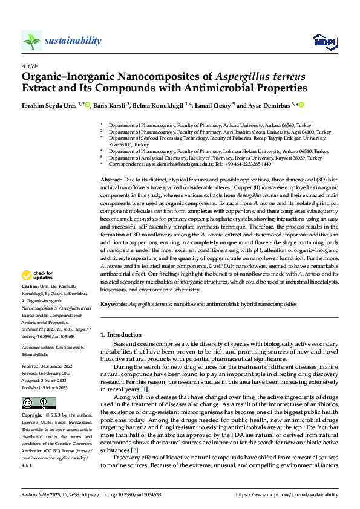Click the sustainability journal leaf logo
[x=31, y=41]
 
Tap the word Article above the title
[x=30, y=65]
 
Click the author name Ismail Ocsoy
[x=215, y=105]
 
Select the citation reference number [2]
[x=136, y=450]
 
